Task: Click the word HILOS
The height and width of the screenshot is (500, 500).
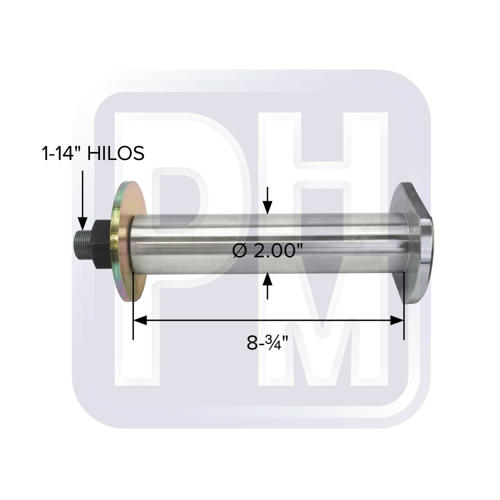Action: pos(116,153)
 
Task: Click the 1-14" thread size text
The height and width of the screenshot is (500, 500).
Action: pos(62,153)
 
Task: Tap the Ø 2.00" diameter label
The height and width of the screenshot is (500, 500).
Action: pos(267,250)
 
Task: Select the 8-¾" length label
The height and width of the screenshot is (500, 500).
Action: pos(267,343)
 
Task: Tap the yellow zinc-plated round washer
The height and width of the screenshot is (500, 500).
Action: pos(127,241)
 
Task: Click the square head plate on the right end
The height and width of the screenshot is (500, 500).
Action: pos(411,243)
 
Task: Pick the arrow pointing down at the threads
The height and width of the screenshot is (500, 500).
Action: pos(82,200)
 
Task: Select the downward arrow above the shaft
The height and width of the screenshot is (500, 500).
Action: pos(267,200)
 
